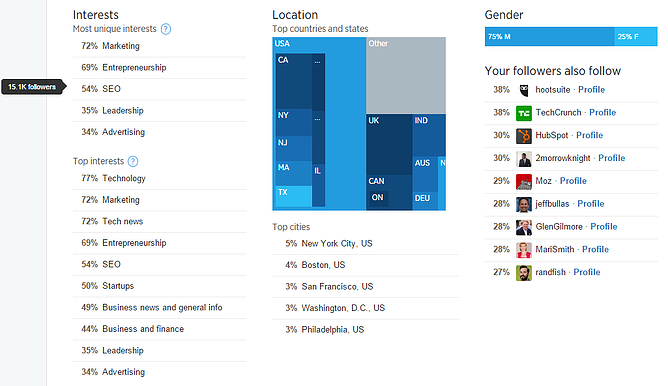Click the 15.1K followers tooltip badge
pyautogui.click(x=31, y=87)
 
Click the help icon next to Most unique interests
pyautogui.click(x=166, y=29)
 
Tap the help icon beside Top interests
pyautogui.click(x=133, y=160)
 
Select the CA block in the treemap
pyautogui.click(x=283, y=61)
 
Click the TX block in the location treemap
pyautogui.click(x=282, y=192)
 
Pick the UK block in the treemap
pyautogui.click(x=374, y=121)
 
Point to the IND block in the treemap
pyautogui.click(x=421, y=121)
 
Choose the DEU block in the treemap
pyautogui.click(x=422, y=198)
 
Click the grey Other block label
pyautogui.click(x=378, y=44)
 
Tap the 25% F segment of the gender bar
pyautogui.click(x=627, y=37)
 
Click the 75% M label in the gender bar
pyautogui.click(x=498, y=37)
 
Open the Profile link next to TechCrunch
pyautogui.click(x=602, y=112)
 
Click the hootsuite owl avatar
pyautogui.click(x=524, y=89)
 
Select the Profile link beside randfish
pyautogui.click(x=586, y=272)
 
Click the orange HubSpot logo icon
pyautogui.click(x=524, y=135)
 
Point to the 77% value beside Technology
pyautogui.click(x=89, y=178)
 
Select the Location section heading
pyautogui.click(x=295, y=15)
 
